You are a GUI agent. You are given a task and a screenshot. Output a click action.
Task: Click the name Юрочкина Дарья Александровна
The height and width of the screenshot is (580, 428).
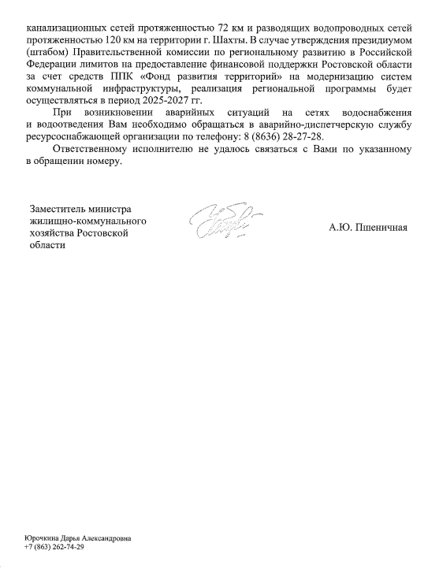(x=77, y=537)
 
